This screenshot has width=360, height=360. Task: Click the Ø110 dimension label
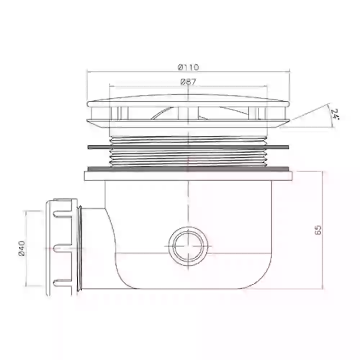[188, 67]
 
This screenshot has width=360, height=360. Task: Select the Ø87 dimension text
[188, 82]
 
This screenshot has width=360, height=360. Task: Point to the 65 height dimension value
[318, 230]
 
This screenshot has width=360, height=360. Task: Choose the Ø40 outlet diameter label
[22, 248]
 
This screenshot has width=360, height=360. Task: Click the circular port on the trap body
[188, 246]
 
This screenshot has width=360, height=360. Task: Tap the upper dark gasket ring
[188, 147]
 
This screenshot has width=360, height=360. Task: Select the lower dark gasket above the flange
[188, 169]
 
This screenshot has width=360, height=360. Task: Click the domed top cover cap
[188, 100]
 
